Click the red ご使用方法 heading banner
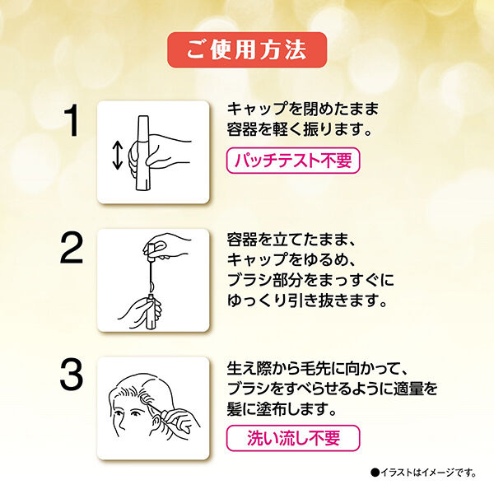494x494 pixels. click(246, 49)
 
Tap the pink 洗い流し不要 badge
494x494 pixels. click(293, 436)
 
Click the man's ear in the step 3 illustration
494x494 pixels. click(154, 412)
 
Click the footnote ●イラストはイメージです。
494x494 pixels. click(423, 472)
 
